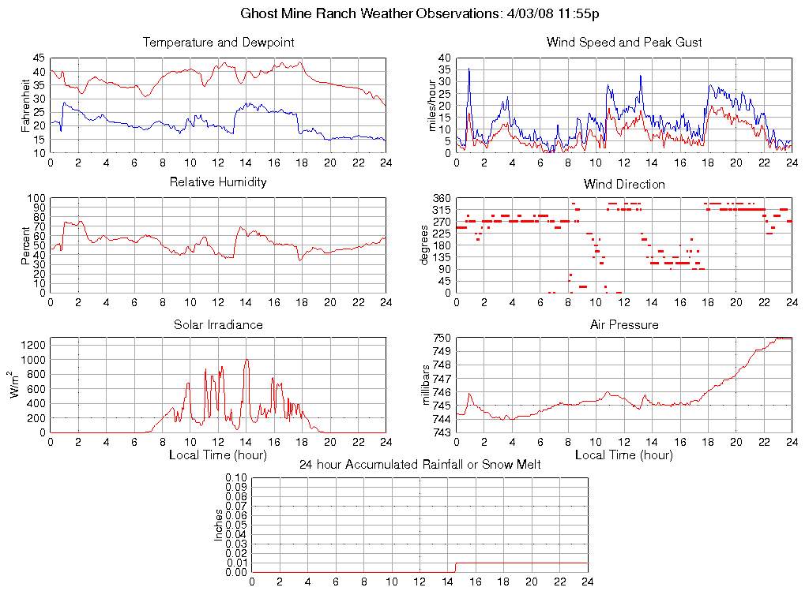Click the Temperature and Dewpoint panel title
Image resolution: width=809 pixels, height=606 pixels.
(218, 42)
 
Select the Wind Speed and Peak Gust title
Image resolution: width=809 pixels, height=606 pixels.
(624, 42)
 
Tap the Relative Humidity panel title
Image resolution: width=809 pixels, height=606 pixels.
(218, 182)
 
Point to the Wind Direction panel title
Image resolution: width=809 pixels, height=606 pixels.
(624, 184)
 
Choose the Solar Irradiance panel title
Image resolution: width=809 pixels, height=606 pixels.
(218, 324)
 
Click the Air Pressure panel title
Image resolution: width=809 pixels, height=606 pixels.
(624, 324)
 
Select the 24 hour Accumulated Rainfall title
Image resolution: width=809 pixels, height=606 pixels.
(420, 465)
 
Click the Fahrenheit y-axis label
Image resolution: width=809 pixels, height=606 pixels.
(26, 105)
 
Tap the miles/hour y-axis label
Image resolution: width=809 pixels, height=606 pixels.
(432, 105)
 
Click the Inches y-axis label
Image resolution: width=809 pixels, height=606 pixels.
(219, 525)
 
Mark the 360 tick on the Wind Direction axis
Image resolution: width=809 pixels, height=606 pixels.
(442, 198)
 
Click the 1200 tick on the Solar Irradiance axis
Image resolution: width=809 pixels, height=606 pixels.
(34, 345)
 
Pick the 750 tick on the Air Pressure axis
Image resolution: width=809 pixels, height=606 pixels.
(442, 339)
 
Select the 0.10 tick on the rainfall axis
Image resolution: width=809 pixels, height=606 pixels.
(236, 478)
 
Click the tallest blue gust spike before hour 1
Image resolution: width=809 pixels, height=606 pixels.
(469, 69)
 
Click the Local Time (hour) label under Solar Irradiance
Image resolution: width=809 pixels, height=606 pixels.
(218, 454)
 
